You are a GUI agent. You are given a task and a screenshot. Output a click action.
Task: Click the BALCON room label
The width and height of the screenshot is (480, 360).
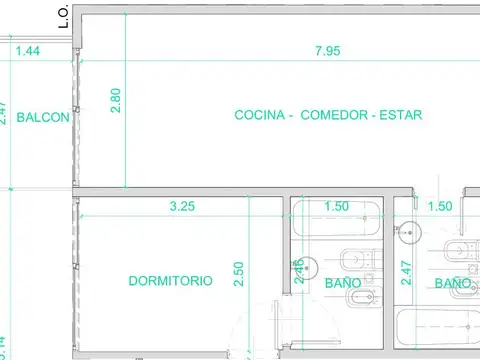[43, 116]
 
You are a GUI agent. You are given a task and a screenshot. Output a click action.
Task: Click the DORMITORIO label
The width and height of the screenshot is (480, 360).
[170, 281]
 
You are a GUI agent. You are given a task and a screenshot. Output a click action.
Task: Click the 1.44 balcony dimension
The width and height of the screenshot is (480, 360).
[29, 50]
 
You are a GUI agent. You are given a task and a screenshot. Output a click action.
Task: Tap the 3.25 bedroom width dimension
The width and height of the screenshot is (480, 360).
[182, 207]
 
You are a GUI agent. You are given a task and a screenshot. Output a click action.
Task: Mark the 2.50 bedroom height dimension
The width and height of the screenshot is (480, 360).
[238, 274]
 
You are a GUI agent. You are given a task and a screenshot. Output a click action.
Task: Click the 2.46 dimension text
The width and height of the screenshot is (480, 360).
[299, 272]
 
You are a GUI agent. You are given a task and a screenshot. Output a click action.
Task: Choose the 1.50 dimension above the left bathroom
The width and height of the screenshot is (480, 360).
[338, 207]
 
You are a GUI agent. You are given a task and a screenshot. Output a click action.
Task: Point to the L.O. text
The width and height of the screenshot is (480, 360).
[63, 15]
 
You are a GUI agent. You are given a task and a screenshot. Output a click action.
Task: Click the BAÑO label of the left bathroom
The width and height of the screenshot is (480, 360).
[343, 283]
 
